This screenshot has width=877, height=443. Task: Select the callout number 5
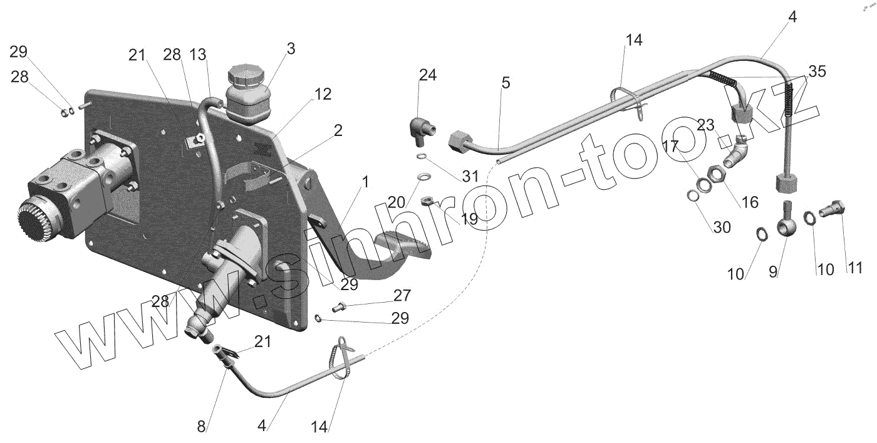[x=506, y=82]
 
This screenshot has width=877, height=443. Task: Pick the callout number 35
[x=816, y=71]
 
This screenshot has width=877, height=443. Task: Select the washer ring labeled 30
[x=693, y=197]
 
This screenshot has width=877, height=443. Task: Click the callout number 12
[x=323, y=95]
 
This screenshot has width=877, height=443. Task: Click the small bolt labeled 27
[x=339, y=306]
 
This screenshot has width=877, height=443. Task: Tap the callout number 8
[x=201, y=427]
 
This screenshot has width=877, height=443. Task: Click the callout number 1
[x=365, y=182]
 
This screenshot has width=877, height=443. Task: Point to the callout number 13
[x=198, y=55]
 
